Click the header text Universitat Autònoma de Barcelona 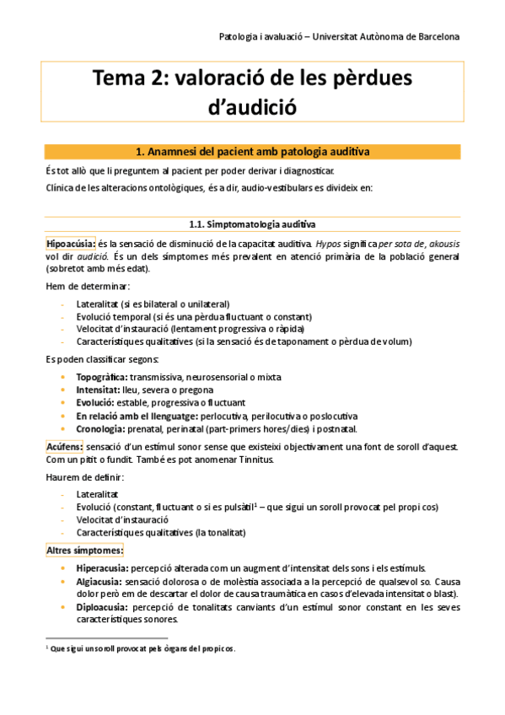point(395,36)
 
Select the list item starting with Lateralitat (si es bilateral point(153,304)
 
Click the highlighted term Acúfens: point(64,446)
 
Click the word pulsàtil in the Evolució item point(235,507)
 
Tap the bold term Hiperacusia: point(102,568)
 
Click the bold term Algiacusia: point(99,582)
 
